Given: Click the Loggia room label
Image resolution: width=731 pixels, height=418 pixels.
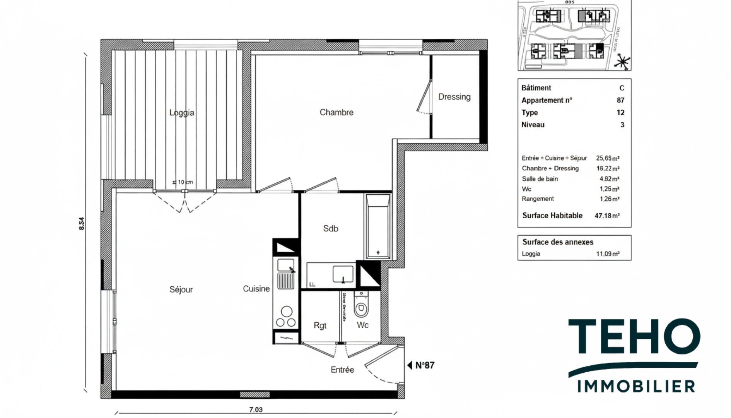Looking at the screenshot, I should [182, 113].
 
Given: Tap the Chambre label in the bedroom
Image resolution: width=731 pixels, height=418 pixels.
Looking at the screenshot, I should [336, 112].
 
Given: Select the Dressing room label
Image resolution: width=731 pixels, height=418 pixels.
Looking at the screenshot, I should [454, 97].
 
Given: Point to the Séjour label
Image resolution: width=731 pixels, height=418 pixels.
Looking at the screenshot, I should [181, 290].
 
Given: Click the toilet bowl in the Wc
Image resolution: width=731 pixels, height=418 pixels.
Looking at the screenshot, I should [362, 308].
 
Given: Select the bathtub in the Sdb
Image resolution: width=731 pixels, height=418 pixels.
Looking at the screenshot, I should [378, 226].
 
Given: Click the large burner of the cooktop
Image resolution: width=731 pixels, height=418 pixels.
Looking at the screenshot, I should [287, 311].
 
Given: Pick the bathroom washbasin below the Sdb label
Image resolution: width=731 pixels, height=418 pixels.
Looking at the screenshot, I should [343, 274].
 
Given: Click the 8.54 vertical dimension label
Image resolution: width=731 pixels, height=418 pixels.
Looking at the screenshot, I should [81, 224].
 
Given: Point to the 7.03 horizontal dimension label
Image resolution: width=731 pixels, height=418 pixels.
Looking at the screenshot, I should [256, 409].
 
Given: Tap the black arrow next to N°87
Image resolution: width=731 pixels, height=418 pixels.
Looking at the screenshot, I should [410, 365].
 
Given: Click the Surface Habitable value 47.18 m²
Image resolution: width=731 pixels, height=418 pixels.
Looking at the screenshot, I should [607, 216].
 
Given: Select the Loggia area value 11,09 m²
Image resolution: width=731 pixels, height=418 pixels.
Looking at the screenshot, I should [608, 254].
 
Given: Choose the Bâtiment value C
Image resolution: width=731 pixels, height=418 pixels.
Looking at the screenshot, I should [622, 88].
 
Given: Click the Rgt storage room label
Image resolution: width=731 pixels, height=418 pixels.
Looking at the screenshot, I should [320, 325].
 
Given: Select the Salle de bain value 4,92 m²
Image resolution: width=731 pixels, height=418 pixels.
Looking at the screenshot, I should [608, 179].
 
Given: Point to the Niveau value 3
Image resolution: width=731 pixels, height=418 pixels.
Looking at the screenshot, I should [622, 125].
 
